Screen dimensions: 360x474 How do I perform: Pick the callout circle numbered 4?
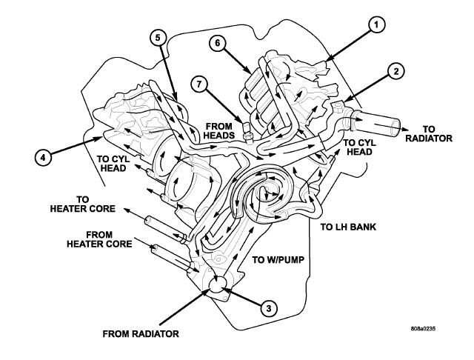(43, 157)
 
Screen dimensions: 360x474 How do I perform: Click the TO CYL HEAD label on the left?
(116, 163)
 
